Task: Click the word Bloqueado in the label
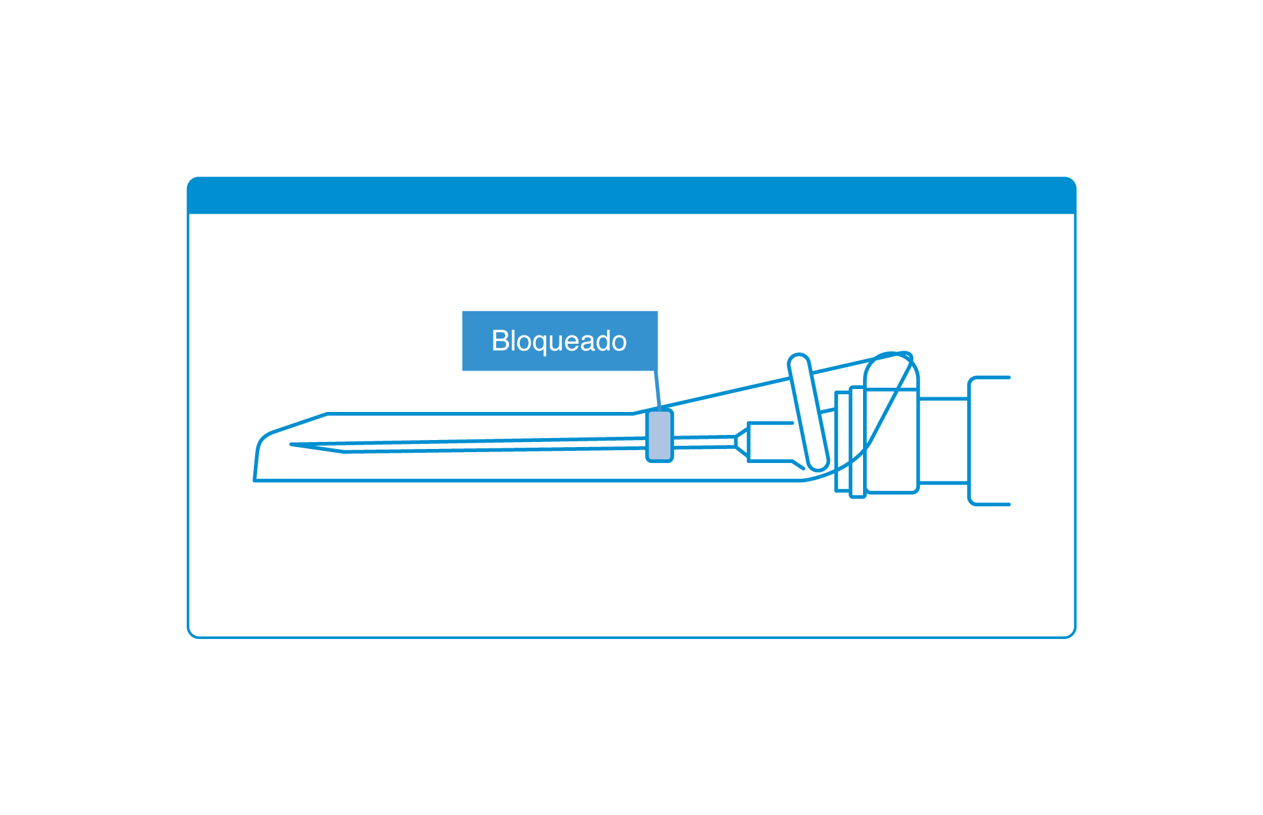[559, 341]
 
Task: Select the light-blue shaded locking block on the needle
[660, 436]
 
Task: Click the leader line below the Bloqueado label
[658, 390]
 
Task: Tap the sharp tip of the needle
[292, 444]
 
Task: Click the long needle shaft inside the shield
[469, 445]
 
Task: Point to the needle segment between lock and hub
[704, 442]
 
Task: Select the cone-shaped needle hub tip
[742, 442]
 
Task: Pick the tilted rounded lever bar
[808, 412]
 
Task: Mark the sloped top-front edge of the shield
[300, 423]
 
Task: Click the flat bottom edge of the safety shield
[528, 480]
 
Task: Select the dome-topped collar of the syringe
[891, 423]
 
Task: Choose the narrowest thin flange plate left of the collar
[843, 441]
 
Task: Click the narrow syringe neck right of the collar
[943, 441]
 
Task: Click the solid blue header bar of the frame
[631, 195]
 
